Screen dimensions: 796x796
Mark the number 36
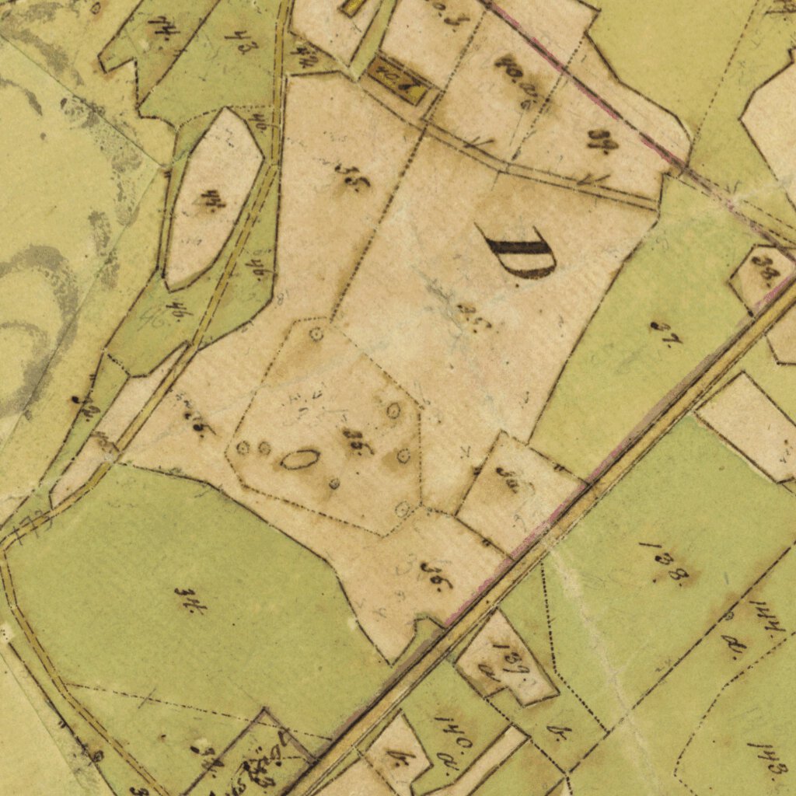coord(436,576)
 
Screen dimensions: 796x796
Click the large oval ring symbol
coord(299,459)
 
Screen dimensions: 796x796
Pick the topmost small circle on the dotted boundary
coord(316,335)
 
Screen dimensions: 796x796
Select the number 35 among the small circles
coord(358,442)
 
